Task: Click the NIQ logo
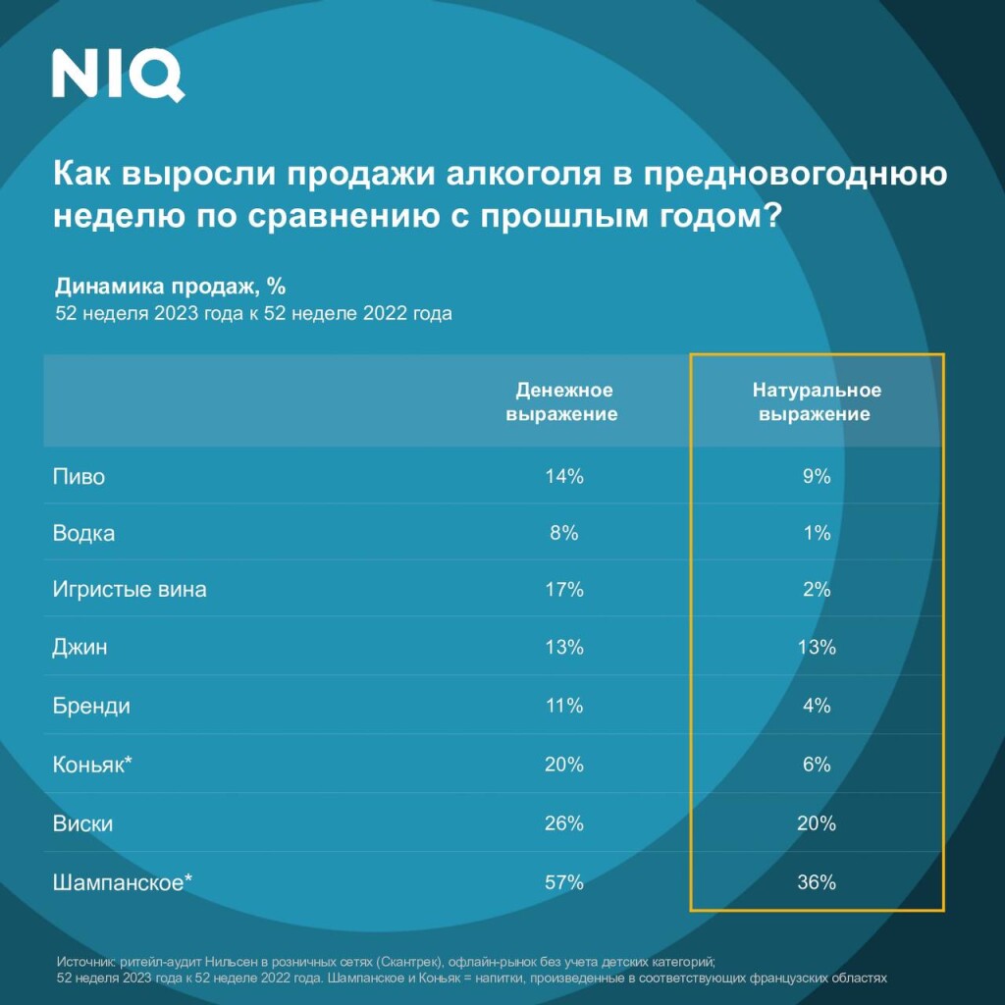(x=118, y=76)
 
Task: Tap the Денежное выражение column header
(x=561, y=401)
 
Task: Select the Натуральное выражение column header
(x=817, y=401)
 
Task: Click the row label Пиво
(x=79, y=477)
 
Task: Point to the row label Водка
(x=83, y=534)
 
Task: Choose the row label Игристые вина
(x=130, y=591)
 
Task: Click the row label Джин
(x=80, y=648)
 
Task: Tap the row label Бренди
(x=91, y=706)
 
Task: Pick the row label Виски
(x=82, y=823)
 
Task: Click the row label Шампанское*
(x=123, y=882)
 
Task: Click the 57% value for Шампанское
(x=564, y=882)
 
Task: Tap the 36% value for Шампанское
(x=817, y=882)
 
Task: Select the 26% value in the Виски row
(x=564, y=823)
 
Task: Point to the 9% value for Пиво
(x=817, y=477)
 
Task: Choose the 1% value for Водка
(x=817, y=534)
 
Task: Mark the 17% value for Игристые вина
(x=564, y=591)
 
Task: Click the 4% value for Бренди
(x=817, y=706)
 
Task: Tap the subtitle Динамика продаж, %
(x=169, y=287)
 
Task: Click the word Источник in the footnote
(x=86, y=963)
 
